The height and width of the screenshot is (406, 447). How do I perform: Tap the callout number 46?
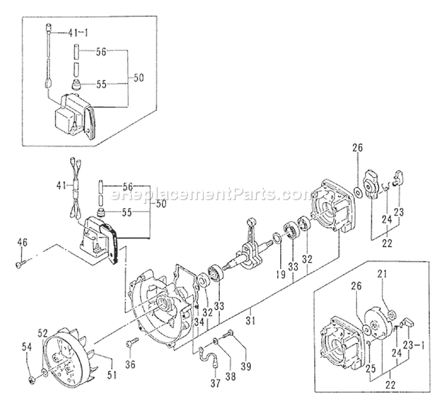click(22, 241)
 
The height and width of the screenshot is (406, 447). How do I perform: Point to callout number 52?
click(43, 333)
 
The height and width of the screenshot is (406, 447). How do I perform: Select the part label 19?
click(278, 260)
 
